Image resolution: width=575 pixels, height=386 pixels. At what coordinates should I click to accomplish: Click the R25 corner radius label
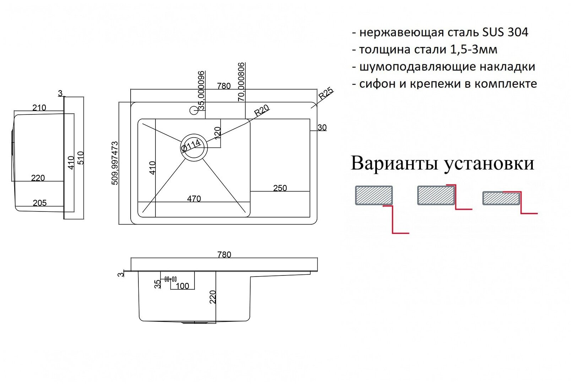(326, 93)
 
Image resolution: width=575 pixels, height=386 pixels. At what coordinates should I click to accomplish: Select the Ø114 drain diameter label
(191, 146)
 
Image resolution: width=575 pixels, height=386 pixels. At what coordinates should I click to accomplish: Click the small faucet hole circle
(194, 111)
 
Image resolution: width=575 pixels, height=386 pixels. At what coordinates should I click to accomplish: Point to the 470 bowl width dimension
(194, 199)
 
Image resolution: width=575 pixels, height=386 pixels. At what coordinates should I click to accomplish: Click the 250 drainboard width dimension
(280, 188)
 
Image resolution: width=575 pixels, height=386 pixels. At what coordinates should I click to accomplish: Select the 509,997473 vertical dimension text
(115, 163)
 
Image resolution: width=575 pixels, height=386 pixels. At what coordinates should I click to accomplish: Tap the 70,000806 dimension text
(241, 82)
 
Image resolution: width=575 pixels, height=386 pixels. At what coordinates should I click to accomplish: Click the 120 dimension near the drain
(218, 133)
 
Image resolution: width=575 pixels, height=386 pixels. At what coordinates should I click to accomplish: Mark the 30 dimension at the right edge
(322, 128)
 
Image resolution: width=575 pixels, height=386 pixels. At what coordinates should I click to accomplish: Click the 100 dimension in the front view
(182, 286)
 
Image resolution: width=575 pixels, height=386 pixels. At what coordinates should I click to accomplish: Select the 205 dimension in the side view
(39, 203)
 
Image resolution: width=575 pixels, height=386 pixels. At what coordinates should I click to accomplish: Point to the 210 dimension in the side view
(39, 108)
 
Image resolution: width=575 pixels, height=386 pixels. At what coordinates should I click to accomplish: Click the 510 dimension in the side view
(81, 158)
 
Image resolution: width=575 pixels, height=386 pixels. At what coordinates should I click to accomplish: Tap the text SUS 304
(505, 32)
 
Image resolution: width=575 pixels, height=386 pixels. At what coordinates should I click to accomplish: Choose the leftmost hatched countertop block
(374, 195)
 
